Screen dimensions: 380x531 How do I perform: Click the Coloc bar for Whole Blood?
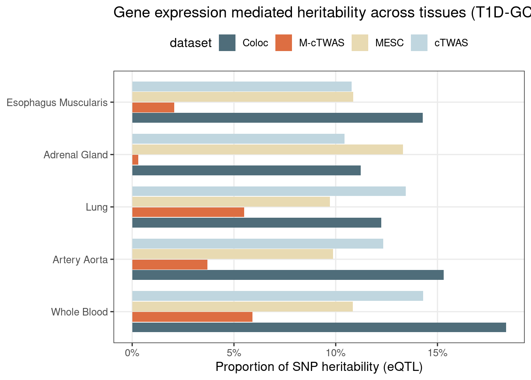(319, 327)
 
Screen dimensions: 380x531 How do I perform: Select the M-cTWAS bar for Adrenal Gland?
(135, 160)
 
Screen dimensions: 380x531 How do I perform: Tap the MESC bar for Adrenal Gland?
(267, 149)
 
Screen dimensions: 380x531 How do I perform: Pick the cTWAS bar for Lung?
(269, 191)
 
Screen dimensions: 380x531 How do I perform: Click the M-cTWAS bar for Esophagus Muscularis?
(153, 107)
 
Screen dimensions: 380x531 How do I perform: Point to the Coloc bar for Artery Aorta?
(288, 275)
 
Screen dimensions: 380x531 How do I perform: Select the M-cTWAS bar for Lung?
(188, 212)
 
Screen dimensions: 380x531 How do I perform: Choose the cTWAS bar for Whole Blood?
(277, 296)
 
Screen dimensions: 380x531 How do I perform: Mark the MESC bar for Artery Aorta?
(232, 254)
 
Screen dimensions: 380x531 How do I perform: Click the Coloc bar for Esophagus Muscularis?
(277, 118)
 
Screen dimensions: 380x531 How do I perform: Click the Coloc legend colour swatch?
(227, 43)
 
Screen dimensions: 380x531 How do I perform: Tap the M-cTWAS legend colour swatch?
(284, 43)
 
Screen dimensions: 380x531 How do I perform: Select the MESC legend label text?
(389, 43)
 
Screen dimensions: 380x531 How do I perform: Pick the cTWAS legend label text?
(451, 43)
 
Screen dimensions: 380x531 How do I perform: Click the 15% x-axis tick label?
(437, 352)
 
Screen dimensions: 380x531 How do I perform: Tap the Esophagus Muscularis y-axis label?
(57, 103)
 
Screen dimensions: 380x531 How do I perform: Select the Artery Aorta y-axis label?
(80, 260)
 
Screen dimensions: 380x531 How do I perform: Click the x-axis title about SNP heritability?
(319, 367)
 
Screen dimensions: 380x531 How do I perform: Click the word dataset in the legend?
(190, 43)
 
